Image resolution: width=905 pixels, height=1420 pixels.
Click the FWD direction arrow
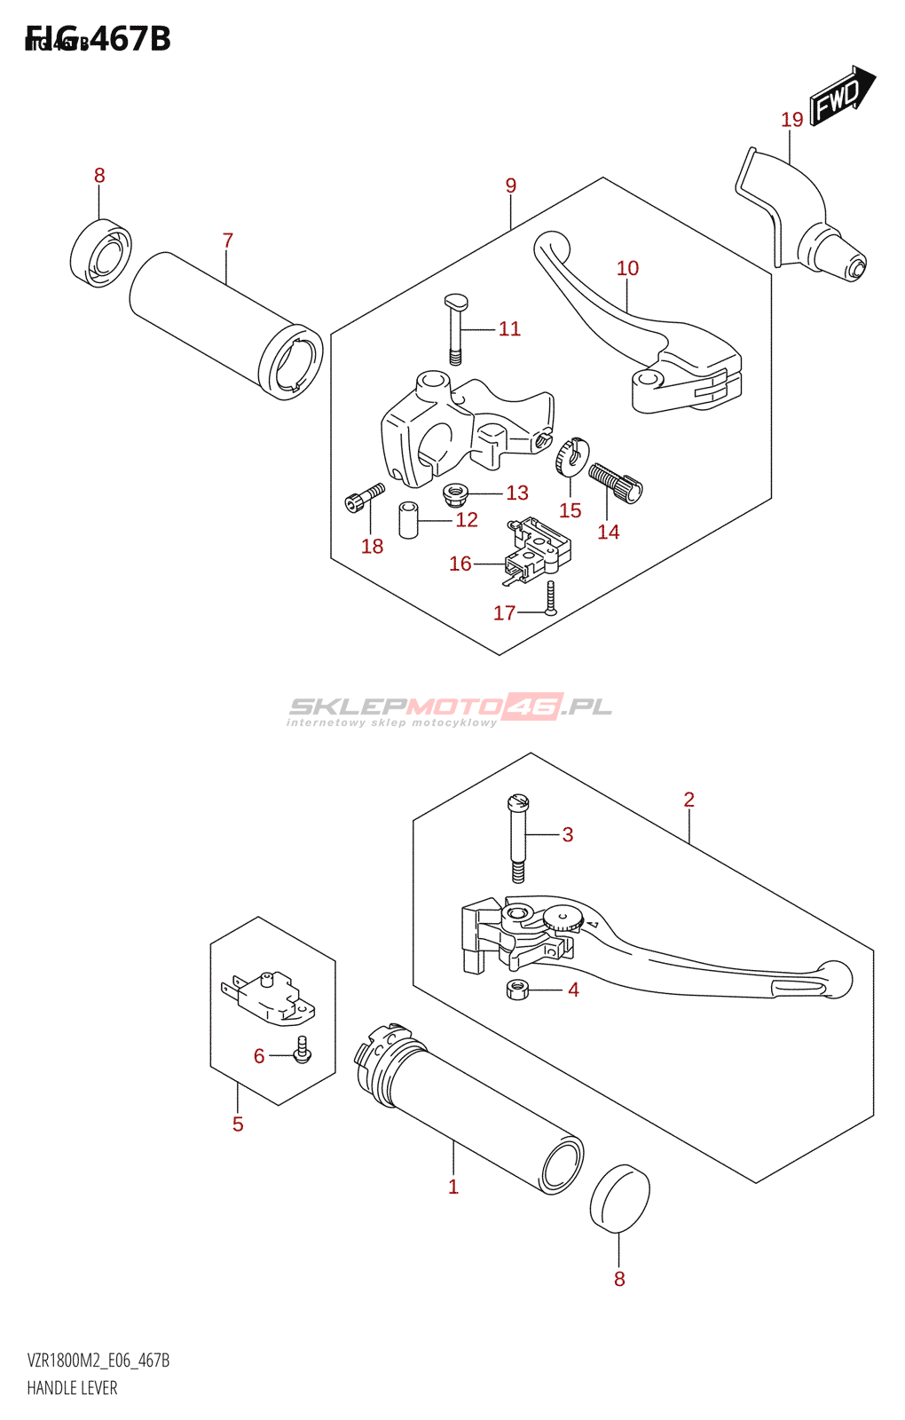click(x=841, y=96)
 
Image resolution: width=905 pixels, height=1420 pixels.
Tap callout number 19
click(x=791, y=120)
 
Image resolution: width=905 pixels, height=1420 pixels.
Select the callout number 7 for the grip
click(x=228, y=241)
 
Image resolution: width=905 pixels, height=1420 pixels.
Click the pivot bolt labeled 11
click(x=456, y=328)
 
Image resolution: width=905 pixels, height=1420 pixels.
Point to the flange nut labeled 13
click(x=455, y=492)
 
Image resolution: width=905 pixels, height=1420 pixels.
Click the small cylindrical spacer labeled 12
click(x=409, y=520)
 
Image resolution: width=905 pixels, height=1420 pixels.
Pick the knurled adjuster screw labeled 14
click(x=615, y=482)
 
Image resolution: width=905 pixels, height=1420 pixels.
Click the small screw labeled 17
click(x=551, y=599)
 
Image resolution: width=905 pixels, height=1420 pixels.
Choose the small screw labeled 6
click(x=303, y=1049)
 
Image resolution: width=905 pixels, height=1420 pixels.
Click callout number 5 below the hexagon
click(x=238, y=1124)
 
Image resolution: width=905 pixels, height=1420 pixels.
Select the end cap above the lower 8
click(x=619, y=1199)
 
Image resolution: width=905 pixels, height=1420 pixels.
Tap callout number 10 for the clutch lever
click(x=627, y=268)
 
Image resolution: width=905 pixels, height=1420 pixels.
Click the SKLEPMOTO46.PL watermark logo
click(x=450, y=708)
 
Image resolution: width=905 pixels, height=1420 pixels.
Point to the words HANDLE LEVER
click(x=72, y=1388)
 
